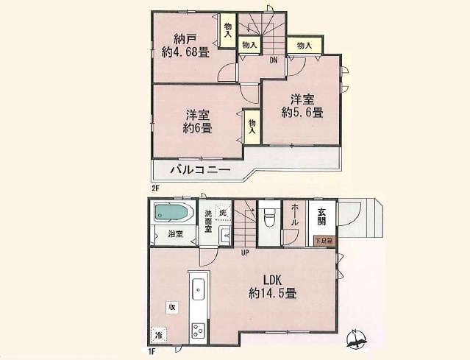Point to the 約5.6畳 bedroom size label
click(302, 112)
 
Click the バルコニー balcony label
click(201, 170)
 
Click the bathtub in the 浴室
click(172, 213)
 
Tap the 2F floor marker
click(156, 188)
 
